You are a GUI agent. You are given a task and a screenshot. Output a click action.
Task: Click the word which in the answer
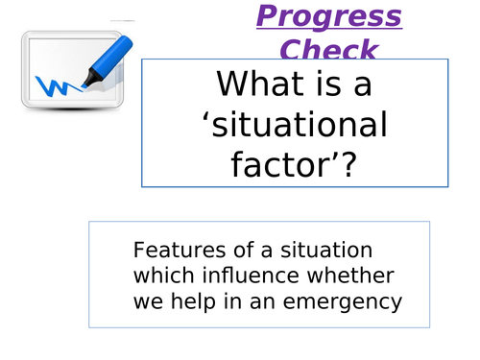pos(159,276)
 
